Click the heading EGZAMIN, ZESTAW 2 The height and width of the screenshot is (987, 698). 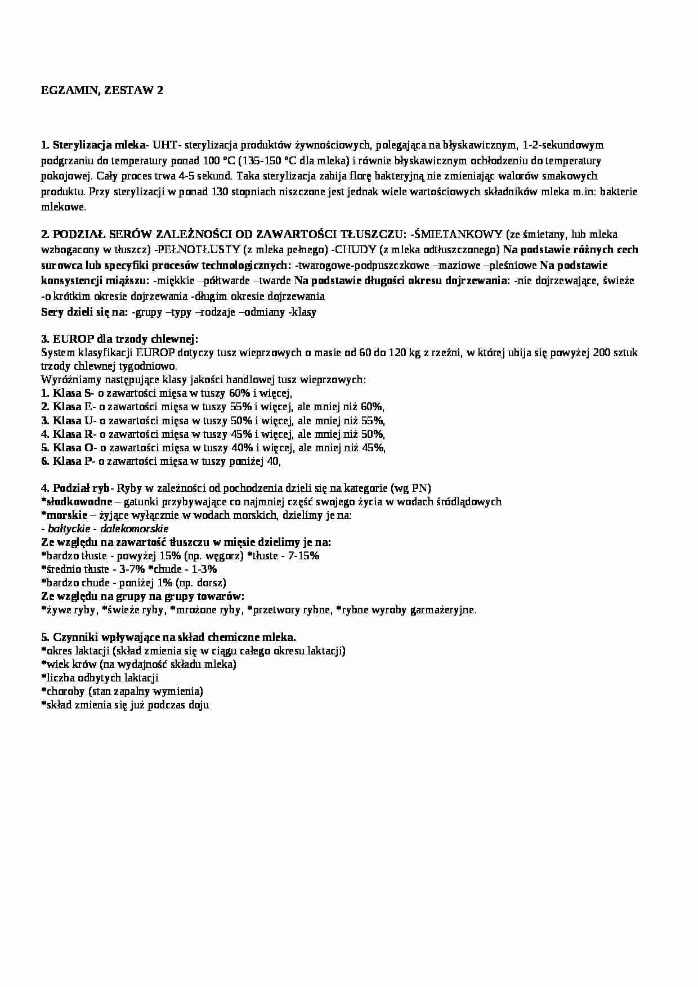(102, 91)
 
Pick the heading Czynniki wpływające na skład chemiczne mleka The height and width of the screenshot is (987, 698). (174, 637)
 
